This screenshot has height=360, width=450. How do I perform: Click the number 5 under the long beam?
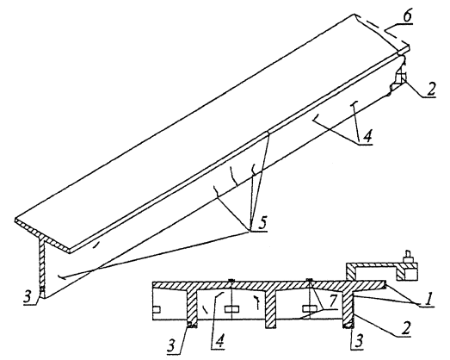point(262,223)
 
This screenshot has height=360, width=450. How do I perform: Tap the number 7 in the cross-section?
point(331,301)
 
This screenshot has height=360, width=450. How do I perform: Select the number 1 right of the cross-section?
point(428,300)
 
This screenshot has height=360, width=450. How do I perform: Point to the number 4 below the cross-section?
point(219,342)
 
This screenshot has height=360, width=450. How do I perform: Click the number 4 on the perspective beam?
point(367,134)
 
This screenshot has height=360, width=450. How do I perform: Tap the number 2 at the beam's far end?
point(430,90)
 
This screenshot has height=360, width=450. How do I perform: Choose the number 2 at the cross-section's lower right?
point(405,327)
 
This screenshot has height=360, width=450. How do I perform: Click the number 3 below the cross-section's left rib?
point(171,345)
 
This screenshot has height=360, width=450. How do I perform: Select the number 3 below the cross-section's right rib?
point(359,341)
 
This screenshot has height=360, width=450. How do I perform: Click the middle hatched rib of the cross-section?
point(271,309)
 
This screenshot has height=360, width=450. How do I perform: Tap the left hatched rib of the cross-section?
point(192,308)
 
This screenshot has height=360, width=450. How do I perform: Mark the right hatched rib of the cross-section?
point(348,308)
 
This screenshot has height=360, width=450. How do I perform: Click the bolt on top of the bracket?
point(408,256)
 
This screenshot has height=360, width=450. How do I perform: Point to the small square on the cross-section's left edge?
point(157,309)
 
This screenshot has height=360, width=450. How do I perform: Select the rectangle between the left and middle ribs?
point(231,309)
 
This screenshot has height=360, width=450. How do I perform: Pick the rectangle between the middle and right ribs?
point(310,309)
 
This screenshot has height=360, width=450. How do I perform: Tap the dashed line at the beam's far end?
point(383,30)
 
